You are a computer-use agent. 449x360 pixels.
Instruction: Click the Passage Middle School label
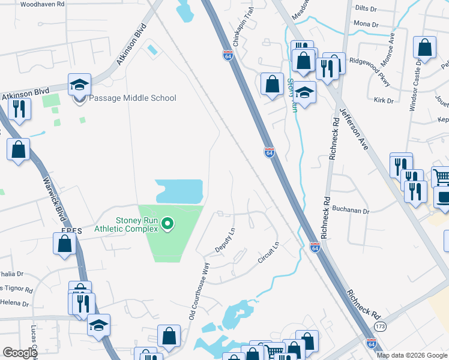(x=133, y=98)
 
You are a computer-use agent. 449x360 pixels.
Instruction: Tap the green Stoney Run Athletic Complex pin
(x=168, y=225)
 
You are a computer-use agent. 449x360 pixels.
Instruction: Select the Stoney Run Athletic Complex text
(x=126, y=223)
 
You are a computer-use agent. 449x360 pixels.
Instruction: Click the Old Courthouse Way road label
(x=200, y=290)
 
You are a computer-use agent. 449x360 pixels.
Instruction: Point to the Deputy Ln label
(x=224, y=240)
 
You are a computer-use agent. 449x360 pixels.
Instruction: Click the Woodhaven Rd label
(x=42, y=4)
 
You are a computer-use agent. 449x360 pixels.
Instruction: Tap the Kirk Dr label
(x=382, y=101)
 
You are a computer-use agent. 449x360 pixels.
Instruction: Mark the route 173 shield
(x=379, y=326)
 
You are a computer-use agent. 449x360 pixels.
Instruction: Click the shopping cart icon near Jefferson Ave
(x=441, y=176)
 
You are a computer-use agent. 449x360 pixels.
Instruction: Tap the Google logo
(x=20, y=353)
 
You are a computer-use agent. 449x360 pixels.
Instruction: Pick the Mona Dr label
(x=366, y=25)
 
